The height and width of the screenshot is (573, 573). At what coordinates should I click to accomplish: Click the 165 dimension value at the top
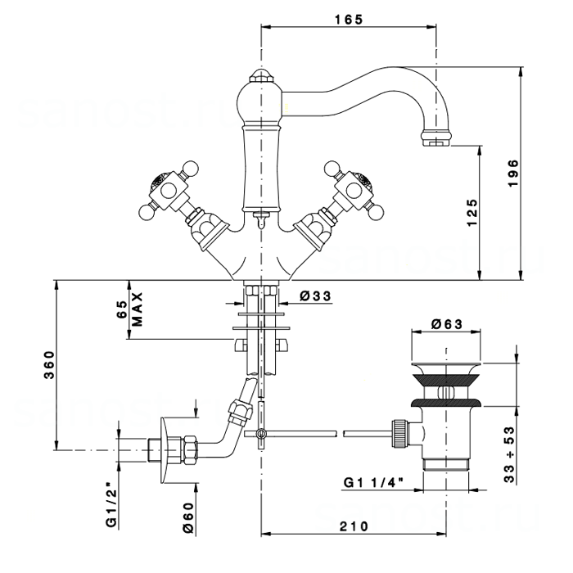click(349, 20)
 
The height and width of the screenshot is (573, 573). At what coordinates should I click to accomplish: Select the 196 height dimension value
click(513, 174)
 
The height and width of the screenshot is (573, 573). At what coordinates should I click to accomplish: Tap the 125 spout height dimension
click(472, 213)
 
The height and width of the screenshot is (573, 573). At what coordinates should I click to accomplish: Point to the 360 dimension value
click(49, 365)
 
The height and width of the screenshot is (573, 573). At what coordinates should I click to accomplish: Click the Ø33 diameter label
click(315, 296)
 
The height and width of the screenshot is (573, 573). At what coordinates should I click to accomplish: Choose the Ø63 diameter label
click(447, 324)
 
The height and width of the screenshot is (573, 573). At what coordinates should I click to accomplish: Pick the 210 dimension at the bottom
click(354, 526)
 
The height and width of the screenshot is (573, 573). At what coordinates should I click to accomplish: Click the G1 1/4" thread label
click(373, 483)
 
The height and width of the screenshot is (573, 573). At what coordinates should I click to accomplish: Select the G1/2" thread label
click(111, 507)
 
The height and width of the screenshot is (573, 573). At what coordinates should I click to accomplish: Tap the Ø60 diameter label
click(187, 517)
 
